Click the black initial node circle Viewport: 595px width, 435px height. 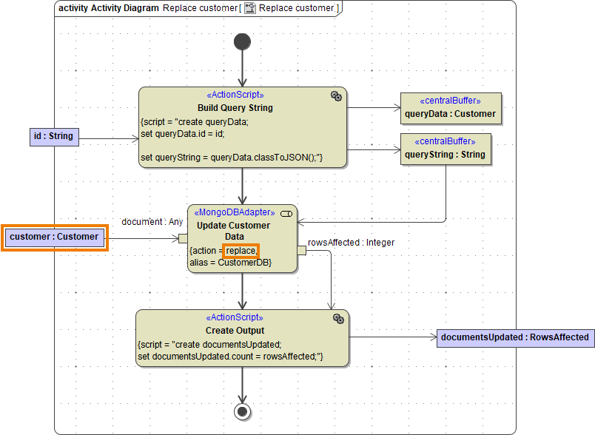pos(242,41)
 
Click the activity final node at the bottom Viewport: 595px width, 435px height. pos(242,411)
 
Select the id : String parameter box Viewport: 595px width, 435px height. pos(53,136)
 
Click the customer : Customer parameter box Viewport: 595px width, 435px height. pos(54,237)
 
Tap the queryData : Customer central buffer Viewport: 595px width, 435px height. pos(450,108)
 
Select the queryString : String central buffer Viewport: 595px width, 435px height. pos(445,149)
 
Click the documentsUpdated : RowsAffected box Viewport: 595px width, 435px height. pos(514,337)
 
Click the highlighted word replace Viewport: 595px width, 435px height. pos(241,251)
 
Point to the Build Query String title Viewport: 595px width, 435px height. pos(235,108)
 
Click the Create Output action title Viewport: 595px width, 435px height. pos(235,331)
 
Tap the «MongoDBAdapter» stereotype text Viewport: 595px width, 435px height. pos(234,213)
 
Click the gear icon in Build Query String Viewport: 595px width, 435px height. pos(336,96)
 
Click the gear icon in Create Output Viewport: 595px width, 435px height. pos(338,319)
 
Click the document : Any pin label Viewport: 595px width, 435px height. pos(152,222)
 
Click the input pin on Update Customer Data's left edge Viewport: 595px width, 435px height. pos(183,238)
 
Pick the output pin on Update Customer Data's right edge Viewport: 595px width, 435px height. pos(301,251)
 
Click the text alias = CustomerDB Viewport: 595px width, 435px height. pos(230,263)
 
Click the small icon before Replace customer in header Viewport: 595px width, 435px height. pos(250,8)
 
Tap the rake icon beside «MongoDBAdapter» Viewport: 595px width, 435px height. pos(286,214)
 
